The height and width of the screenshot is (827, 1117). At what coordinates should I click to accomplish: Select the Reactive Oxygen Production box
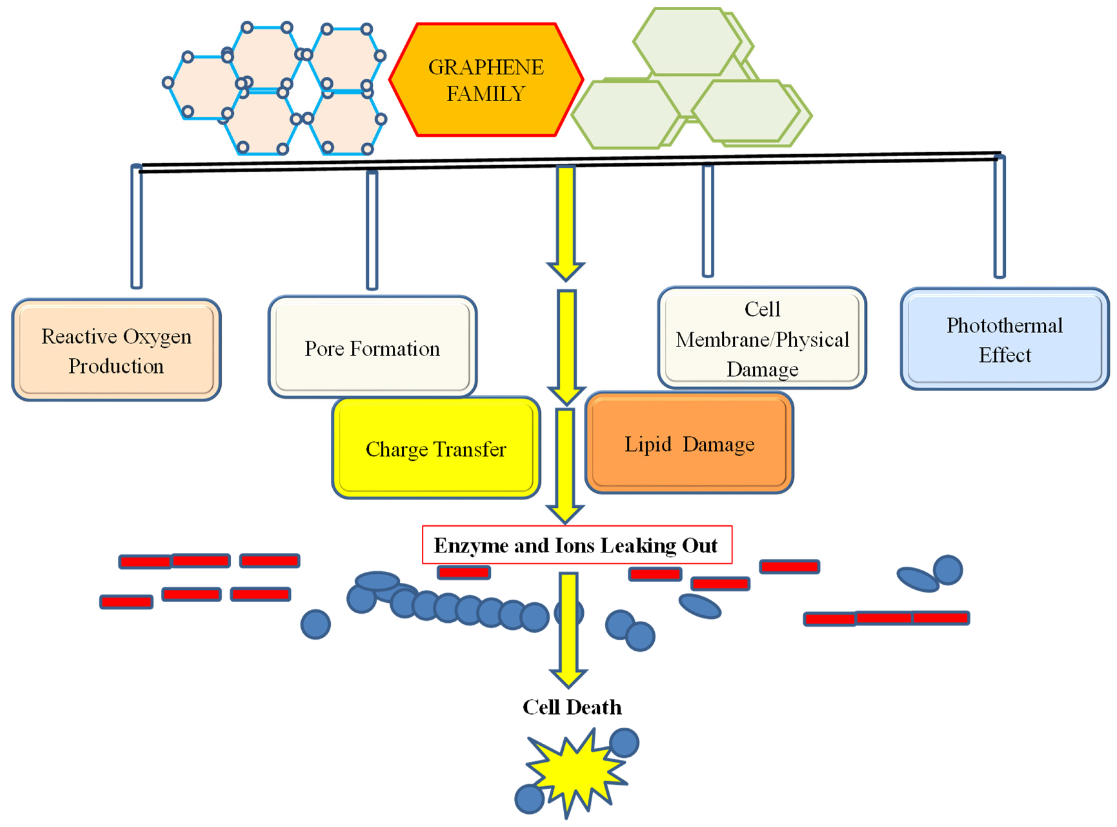116,351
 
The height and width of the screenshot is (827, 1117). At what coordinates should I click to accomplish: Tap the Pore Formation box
372,347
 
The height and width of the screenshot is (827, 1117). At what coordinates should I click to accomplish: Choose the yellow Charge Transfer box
436,449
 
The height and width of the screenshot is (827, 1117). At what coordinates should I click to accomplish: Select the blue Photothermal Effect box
1004,339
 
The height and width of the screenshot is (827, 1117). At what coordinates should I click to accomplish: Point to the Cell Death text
572,707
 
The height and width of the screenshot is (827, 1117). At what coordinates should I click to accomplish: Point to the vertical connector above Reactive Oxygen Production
136,228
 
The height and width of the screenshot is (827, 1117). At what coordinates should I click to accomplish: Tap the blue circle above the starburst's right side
624,742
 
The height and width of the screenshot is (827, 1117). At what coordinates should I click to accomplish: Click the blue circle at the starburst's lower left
529,799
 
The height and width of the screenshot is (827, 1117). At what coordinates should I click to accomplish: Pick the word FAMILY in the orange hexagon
485,94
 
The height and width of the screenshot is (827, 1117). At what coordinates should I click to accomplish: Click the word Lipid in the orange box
647,444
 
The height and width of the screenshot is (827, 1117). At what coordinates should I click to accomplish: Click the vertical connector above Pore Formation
372,230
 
